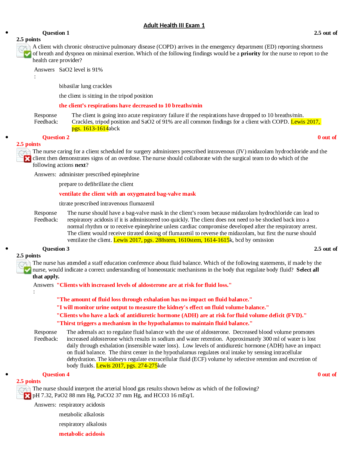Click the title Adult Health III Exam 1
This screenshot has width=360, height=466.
tap(174, 25)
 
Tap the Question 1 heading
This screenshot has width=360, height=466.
tap(56, 33)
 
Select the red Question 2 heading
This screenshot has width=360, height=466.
tap(56, 137)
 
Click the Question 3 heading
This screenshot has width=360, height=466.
tap(56, 249)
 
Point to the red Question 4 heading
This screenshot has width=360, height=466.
tap(56, 375)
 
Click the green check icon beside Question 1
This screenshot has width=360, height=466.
tap(27, 54)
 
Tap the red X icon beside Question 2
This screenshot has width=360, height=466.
tap(27, 159)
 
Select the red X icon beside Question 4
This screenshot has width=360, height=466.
tap(27, 396)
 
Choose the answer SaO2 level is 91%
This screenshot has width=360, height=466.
tap(81, 70)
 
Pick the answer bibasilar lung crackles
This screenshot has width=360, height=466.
tap(85, 86)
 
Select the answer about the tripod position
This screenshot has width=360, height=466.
tap(106, 96)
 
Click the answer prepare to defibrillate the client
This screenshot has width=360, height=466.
tap(96, 184)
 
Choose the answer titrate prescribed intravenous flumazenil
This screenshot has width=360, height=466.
tap(106, 203)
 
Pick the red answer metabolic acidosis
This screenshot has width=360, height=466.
tap(82, 434)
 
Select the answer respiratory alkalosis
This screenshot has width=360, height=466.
tap(83, 424)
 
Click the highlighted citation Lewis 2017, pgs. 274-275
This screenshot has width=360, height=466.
tap(127, 366)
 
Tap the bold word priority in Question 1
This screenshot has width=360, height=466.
tap(251, 54)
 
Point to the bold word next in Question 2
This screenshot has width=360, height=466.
tap(80, 165)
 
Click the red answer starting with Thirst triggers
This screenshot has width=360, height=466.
tap(154, 323)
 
